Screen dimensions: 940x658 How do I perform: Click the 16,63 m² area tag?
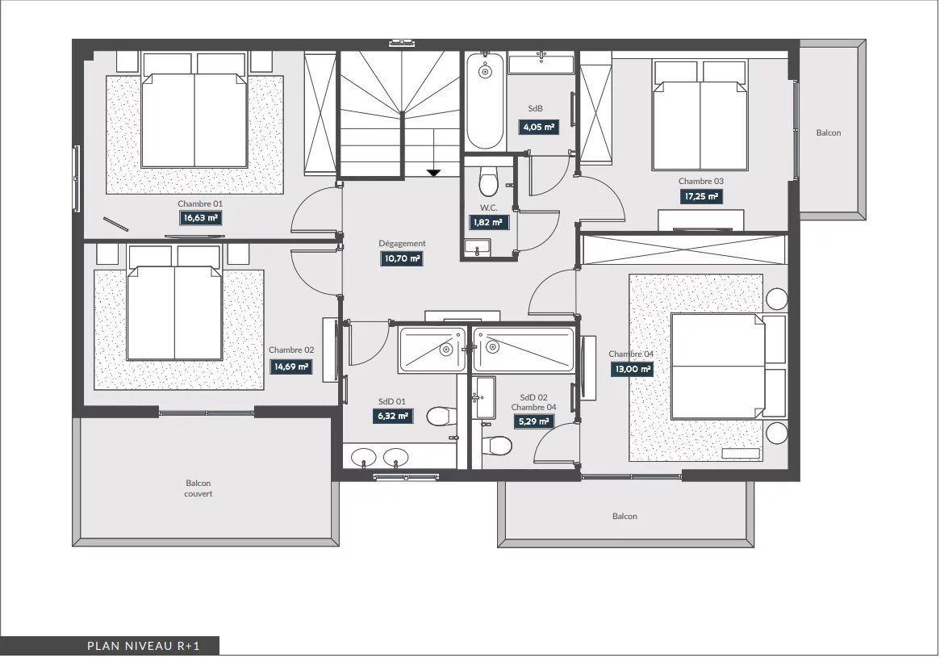coord(201,218)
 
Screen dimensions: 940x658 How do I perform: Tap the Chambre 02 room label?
coord(291,350)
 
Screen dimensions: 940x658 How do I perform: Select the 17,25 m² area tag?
coord(701,196)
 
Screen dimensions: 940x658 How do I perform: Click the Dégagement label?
coord(403,244)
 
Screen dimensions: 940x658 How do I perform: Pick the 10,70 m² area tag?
coord(402,258)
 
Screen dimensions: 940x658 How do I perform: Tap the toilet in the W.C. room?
coord(489,181)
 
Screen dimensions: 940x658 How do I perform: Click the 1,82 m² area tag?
coord(489,222)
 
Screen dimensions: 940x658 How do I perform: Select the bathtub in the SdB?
coord(485,102)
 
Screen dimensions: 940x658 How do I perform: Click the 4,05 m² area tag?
coord(539,127)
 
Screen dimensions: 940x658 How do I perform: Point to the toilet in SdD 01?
coord(442,416)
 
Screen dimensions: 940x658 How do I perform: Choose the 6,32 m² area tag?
coord(393,416)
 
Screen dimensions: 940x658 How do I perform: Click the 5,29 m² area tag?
coord(533,421)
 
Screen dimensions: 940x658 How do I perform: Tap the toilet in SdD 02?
coord(497,445)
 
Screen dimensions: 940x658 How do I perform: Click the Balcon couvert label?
coord(198,488)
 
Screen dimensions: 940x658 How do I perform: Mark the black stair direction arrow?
coord(433,173)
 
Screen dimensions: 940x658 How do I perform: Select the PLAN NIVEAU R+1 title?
coord(144,646)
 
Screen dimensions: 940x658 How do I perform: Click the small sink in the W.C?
coord(477,247)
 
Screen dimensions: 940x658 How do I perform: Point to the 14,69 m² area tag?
coord(290,367)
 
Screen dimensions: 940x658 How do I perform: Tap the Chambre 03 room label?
coord(701,181)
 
